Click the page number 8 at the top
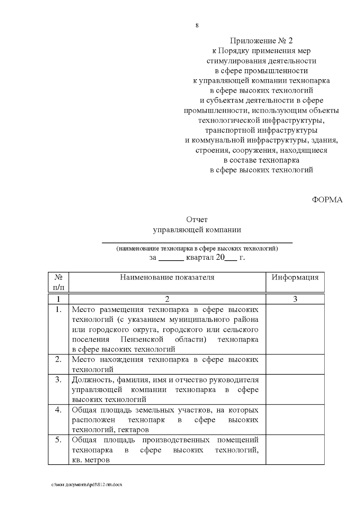click(x=197, y=25)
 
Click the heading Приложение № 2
click(x=261, y=41)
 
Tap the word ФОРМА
click(x=327, y=200)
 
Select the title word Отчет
click(x=197, y=220)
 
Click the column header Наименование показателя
click(x=167, y=277)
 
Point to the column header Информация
click(x=295, y=277)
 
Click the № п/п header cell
click(x=58, y=282)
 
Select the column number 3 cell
click(x=295, y=299)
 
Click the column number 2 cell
click(x=167, y=299)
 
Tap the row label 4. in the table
click(x=58, y=410)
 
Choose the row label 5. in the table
click(x=58, y=440)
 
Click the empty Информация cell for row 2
click(x=295, y=364)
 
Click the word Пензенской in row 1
click(x=142, y=340)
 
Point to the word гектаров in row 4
click(x=133, y=430)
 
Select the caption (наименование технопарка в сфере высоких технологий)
click(x=197, y=249)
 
